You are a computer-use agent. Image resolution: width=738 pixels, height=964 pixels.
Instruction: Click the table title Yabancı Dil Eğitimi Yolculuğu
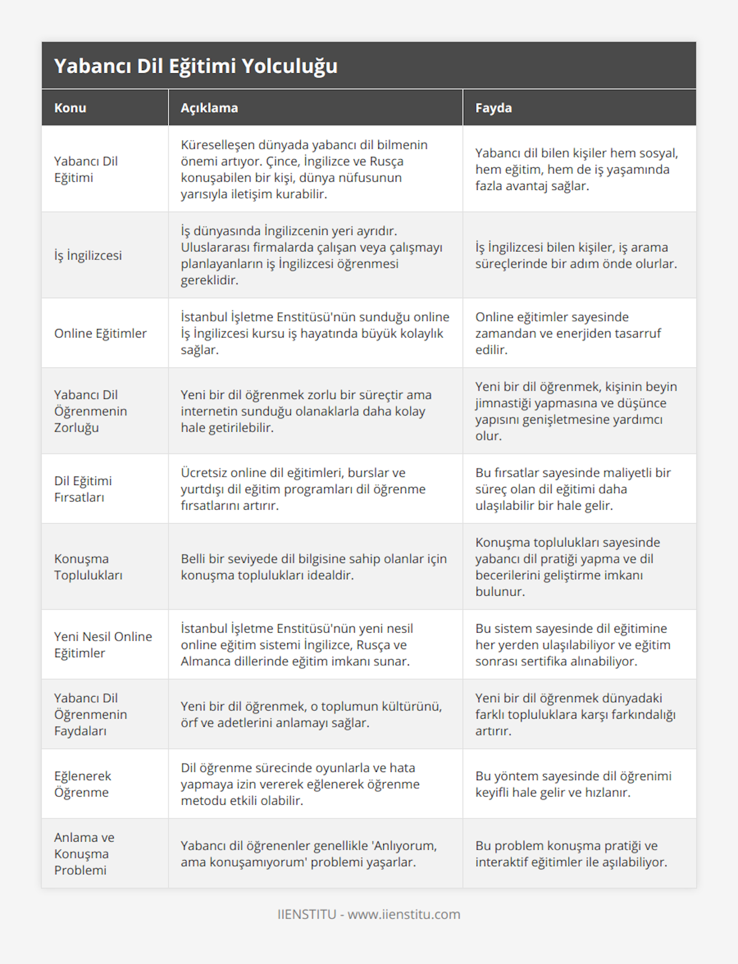pyautogui.click(x=196, y=66)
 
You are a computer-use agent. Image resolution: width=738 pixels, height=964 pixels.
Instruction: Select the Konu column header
pyautogui.click(x=70, y=108)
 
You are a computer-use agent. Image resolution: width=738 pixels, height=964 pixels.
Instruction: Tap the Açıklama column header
pyautogui.click(x=209, y=108)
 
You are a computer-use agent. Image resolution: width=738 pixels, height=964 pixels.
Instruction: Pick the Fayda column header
pyautogui.click(x=493, y=108)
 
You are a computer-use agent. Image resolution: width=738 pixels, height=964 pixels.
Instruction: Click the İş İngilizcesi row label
pyautogui.click(x=88, y=255)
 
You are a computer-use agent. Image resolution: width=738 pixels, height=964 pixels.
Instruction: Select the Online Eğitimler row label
pyautogui.click(x=100, y=333)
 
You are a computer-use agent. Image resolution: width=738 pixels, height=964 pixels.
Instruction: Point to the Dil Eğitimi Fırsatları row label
pyautogui.click(x=83, y=489)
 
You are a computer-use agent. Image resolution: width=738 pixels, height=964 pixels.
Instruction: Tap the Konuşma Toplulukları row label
pyautogui.click(x=88, y=567)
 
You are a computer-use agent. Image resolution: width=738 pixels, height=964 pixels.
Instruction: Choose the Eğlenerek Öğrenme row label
pyautogui.click(x=82, y=784)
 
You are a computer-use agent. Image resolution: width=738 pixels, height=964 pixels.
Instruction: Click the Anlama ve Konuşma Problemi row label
pyautogui.click(x=84, y=853)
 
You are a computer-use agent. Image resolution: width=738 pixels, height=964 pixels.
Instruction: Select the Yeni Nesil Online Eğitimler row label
pyautogui.click(x=103, y=644)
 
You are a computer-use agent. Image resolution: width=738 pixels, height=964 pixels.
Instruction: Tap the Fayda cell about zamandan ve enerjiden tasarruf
pyautogui.click(x=568, y=333)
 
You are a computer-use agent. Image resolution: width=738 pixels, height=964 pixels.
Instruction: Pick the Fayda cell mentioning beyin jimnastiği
pyautogui.click(x=576, y=411)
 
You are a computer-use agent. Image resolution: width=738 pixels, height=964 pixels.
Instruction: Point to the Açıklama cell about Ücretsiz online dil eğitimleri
pyautogui.click(x=303, y=489)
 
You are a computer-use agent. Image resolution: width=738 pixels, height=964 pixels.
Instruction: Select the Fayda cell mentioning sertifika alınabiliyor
pyautogui.click(x=573, y=644)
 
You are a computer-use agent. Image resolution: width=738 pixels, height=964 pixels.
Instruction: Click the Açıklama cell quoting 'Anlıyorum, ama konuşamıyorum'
pyautogui.click(x=309, y=853)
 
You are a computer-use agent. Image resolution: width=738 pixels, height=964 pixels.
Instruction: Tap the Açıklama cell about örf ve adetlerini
pyautogui.click(x=311, y=714)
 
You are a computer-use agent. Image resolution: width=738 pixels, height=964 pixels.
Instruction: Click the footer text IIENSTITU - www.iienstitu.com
pyautogui.click(x=369, y=914)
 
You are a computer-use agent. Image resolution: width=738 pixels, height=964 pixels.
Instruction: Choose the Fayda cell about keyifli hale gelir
pyautogui.click(x=573, y=784)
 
